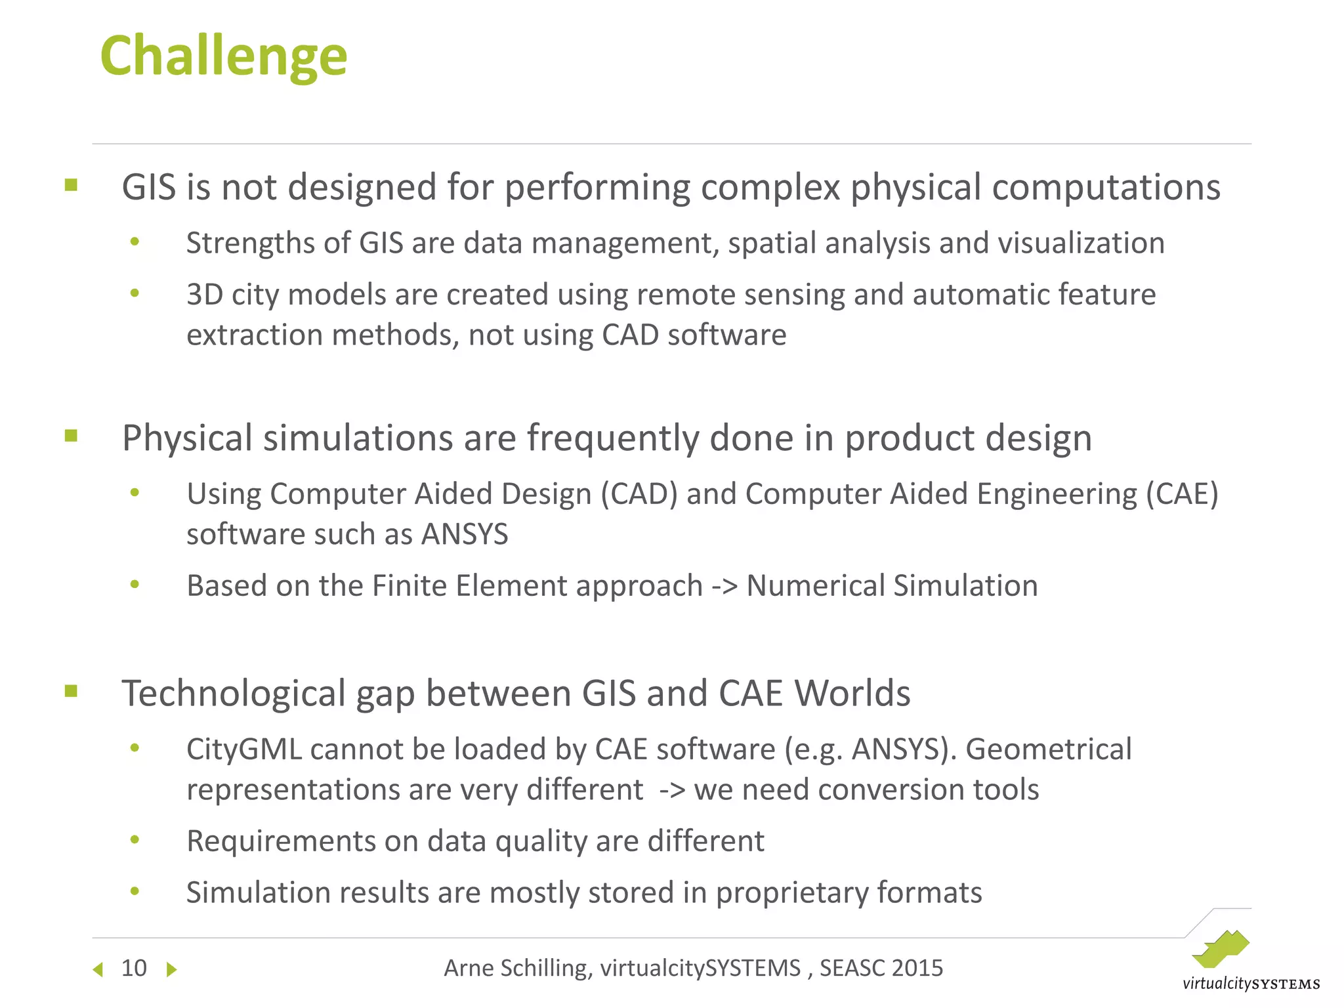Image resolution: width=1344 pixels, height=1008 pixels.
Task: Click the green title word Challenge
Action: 223,57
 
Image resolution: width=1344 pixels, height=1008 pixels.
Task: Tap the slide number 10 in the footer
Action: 134,968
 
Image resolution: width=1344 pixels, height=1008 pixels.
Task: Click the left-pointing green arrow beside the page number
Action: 98,969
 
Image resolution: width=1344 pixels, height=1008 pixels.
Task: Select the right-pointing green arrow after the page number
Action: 171,969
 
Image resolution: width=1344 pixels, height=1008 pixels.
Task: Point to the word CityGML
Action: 244,749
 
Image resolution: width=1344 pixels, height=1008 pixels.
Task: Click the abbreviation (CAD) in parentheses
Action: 639,494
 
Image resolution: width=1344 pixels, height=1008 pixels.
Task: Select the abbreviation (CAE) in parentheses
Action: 1182,494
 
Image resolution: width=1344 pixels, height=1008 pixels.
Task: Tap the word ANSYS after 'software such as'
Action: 465,534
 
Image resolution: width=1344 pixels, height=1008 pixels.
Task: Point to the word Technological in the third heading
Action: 234,694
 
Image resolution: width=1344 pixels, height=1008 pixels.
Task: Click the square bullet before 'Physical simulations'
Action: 72,436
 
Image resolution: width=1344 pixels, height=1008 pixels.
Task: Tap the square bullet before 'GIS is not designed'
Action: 72,185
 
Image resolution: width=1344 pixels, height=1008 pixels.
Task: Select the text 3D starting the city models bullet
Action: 204,295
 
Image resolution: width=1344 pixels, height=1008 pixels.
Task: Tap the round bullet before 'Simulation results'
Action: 135,891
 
